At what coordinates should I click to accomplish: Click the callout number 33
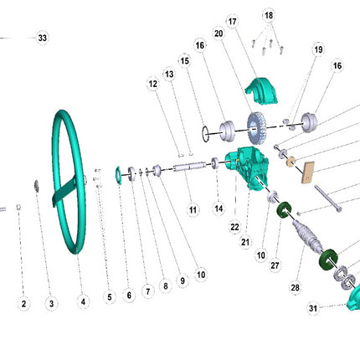click(43, 38)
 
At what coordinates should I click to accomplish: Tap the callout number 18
click(269, 15)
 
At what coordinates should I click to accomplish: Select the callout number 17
click(233, 22)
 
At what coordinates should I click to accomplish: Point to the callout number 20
click(219, 33)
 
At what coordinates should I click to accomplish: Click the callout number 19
click(318, 49)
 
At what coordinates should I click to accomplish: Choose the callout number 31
click(313, 308)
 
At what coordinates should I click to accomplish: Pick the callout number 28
click(296, 287)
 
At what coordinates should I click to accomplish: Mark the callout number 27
click(275, 265)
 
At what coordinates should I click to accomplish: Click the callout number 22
click(234, 228)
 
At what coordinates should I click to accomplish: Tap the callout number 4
click(83, 301)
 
